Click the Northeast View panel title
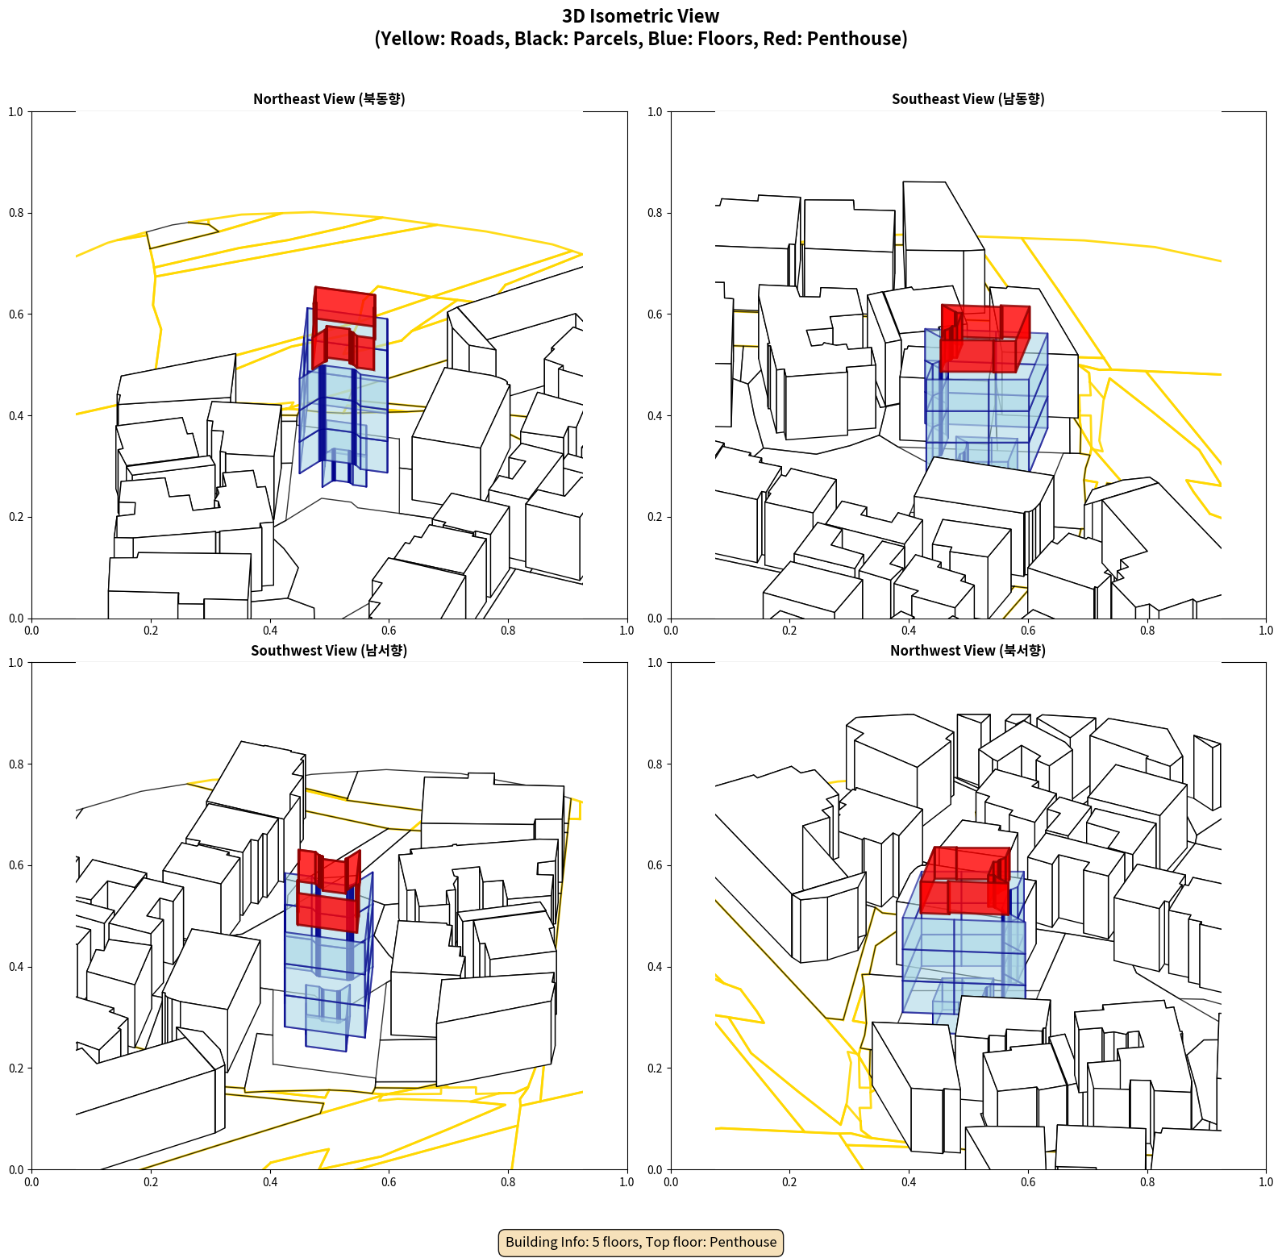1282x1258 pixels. [329, 99]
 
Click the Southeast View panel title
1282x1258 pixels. [968, 99]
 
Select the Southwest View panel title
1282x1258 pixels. [329, 651]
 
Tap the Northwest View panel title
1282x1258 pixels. [968, 651]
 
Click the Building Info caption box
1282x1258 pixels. [641, 1242]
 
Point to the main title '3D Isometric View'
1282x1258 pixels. [641, 16]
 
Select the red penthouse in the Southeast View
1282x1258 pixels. [985, 338]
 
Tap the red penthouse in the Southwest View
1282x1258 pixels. [328, 890]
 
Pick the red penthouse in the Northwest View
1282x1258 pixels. [965, 880]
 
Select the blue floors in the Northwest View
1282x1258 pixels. [964, 952]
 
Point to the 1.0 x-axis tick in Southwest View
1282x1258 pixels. [626, 1182]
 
